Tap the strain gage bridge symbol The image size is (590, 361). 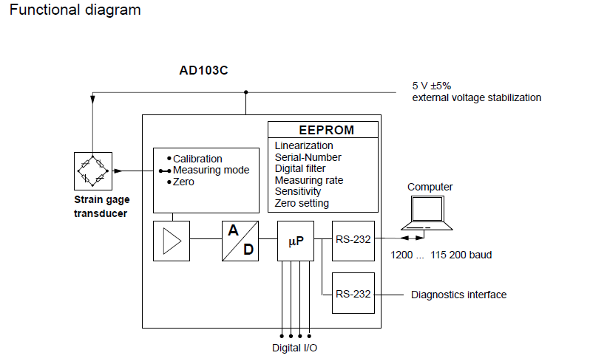(x=93, y=171)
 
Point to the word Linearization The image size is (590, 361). (x=304, y=145)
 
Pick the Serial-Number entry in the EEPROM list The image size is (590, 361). (x=308, y=157)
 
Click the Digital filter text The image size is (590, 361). (x=300, y=168)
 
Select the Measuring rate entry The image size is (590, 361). (x=308, y=180)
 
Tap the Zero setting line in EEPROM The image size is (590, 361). (x=302, y=203)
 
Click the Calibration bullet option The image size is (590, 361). (x=197, y=159)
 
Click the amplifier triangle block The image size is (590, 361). (x=172, y=240)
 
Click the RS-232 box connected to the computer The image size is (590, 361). (x=353, y=240)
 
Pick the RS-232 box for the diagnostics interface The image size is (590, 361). (x=353, y=294)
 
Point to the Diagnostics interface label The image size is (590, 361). (x=458, y=295)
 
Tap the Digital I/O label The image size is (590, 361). (x=295, y=348)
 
